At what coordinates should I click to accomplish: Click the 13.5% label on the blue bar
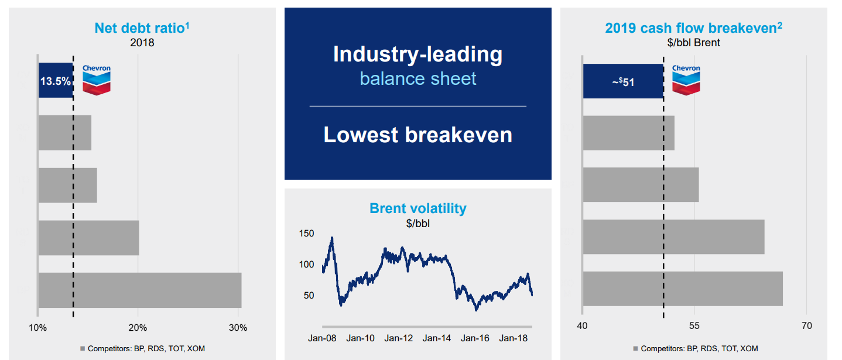click(x=55, y=81)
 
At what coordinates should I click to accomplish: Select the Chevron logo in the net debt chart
click(x=97, y=80)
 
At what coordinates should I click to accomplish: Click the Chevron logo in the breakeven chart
click(x=686, y=80)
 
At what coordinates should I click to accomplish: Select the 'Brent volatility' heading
click(x=417, y=208)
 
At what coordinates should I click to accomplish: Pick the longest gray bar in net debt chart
click(x=140, y=290)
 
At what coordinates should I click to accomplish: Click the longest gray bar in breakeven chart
click(x=683, y=289)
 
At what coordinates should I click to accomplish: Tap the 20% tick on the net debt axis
click(x=138, y=328)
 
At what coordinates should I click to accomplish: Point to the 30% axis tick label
click(x=238, y=328)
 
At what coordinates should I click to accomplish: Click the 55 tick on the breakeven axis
click(x=694, y=325)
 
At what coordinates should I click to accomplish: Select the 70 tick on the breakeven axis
click(x=806, y=325)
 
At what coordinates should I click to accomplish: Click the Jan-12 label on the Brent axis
click(x=398, y=338)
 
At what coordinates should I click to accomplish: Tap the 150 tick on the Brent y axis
click(x=307, y=234)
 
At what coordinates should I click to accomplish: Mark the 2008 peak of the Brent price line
click(x=332, y=238)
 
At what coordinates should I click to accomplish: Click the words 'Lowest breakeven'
click(x=417, y=135)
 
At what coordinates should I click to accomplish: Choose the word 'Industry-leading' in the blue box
click(x=417, y=54)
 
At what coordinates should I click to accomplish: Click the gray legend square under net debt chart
click(x=83, y=349)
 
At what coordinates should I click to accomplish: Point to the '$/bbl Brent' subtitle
click(x=693, y=43)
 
